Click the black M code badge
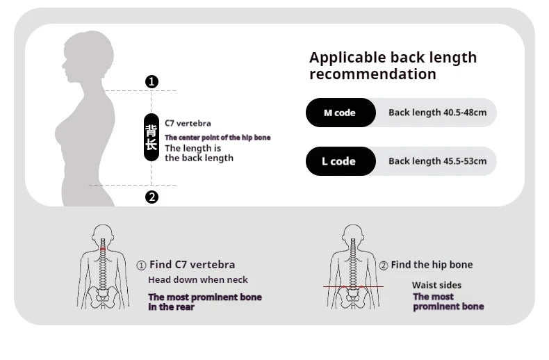341,113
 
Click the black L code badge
341,161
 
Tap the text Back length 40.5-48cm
437,113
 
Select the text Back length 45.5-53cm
437,161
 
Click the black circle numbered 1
151,81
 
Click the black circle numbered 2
151,197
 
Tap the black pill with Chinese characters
151,138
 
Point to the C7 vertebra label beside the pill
188,123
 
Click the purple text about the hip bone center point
218,138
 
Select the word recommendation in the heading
372,74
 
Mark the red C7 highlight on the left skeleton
103,249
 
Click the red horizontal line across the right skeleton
353,286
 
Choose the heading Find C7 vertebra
192,265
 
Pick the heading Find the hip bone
432,265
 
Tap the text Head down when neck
198,280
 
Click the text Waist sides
436,285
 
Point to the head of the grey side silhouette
88,56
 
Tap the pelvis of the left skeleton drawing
102,297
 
